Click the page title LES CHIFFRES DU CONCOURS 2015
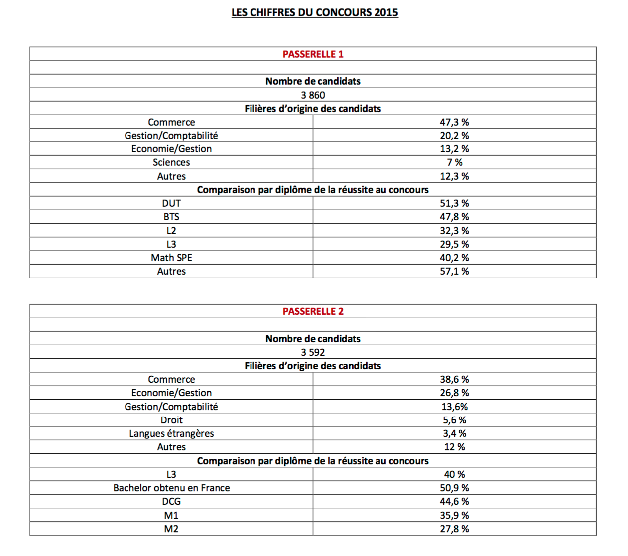[315, 13]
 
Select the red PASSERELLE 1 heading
[313, 54]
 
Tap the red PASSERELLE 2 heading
[313, 311]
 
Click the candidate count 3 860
[313, 95]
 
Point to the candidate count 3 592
[313, 352]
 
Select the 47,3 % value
[454, 122]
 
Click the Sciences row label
[171, 162]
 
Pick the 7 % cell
[454, 162]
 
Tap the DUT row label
[171, 203]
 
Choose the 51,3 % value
[454, 203]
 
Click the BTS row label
[171, 217]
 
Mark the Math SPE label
[171, 258]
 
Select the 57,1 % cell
[454, 271]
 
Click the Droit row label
[171, 420]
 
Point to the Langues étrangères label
[171, 433]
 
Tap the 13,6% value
[454, 407]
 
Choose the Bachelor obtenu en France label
[171, 488]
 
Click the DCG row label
[171, 501]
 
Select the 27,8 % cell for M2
[454, 529]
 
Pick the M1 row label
[171, 515]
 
